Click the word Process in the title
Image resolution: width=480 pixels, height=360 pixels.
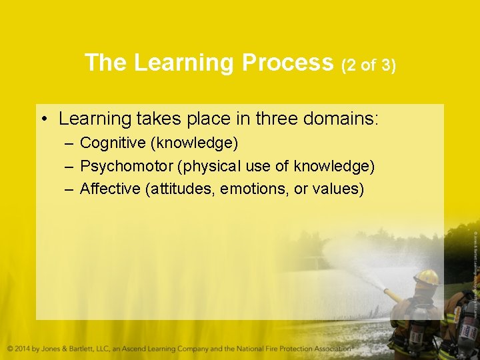pyautogui.click(x=287, y=63)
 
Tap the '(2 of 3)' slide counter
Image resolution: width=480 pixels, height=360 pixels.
pyautogui.click(x=368, y=65)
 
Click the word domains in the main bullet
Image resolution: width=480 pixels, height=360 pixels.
pyautogui.click(x=341, y=119)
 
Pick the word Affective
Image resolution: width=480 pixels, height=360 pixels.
pyautogui.click(x=109, y=189)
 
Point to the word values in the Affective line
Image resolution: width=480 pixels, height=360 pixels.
pyautogui.click(x=337, y=189)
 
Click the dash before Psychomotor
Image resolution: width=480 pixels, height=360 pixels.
pyautogui.click(x=69, y=166)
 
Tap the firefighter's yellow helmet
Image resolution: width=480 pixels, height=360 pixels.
pyautogui.click(x=426, y=277)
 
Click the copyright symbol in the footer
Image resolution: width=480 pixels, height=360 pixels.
pyautogui.click(x=11, y=349)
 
